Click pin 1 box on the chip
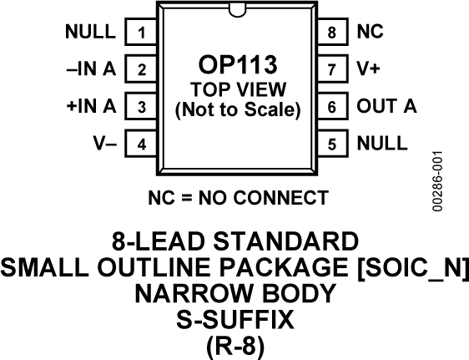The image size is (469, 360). (x=142, y=33)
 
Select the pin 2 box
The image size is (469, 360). (x=142, y=70)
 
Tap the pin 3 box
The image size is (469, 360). (x=142, y=107)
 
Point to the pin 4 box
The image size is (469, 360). (x=142, y=144)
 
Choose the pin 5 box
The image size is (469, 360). (x=332, y=144)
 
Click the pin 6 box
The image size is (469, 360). (x=332, y=107)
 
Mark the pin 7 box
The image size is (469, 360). (x=332, y=70)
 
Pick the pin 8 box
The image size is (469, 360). (x=332, y=33)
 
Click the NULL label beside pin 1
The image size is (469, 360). (x=90, y=33)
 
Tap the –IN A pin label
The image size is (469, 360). (x=90, y=70)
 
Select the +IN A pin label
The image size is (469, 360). (x=90, y=107)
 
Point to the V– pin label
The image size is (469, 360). (x=105, y=144)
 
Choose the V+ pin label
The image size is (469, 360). (x=367, y=70)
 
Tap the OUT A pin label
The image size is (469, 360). (x=387, y=107)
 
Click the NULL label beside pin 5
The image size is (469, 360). (x=382, y=144)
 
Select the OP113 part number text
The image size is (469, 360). (x=237, y=66)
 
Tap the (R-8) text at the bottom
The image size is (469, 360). (x=235, y=344)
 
